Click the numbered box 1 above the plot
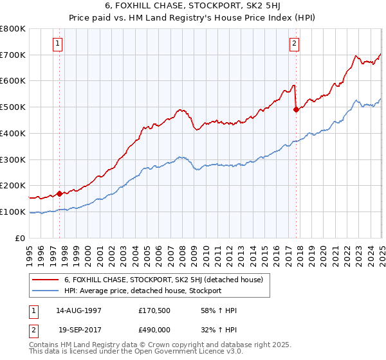[58, 44]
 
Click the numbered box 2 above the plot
[294, 44]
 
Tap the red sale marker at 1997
[59, 193]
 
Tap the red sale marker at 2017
[296, 109]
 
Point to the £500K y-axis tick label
[13, 107]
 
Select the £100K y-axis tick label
[13, 212]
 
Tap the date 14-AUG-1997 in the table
[78, 310]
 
